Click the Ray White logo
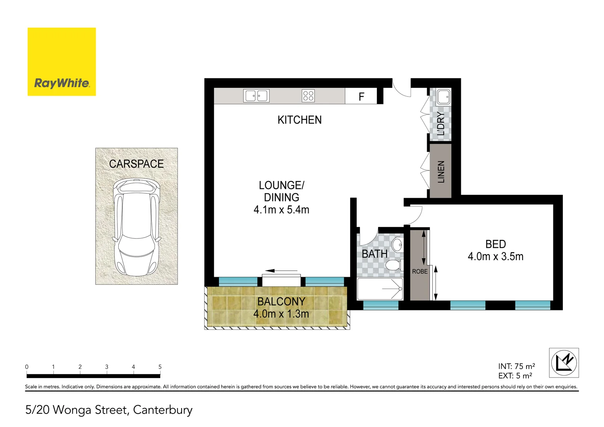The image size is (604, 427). click(x=62, y=62)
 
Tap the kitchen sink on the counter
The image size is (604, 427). click(x=256, y=96)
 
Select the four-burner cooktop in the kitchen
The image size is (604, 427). click(x=308, y=96)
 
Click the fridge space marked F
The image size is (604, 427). click(x=361, y=97)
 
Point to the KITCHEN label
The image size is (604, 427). click(x=299, y=120)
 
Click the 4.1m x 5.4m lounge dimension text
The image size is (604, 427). click(x=281, y=210)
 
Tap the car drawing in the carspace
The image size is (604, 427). click(x=136, y=227)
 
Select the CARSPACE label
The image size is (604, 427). click(x=136, y=164)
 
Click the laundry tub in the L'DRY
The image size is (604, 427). click(x=443, y=96)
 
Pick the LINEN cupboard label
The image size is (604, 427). click(x=441, y=172)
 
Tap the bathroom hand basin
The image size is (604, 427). click(x=398, y=245)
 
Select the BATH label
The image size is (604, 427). click(x=374, y=254)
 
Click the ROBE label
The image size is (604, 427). click(x=420, y=272)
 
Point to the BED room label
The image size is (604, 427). click(x=496, y=244)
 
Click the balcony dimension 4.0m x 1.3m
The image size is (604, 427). click(x=281, y=314)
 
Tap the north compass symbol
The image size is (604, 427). click(x=564, y=363)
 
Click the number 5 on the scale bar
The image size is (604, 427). click(x=160, y=367)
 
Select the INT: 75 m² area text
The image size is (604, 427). click(x=516, y=367)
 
